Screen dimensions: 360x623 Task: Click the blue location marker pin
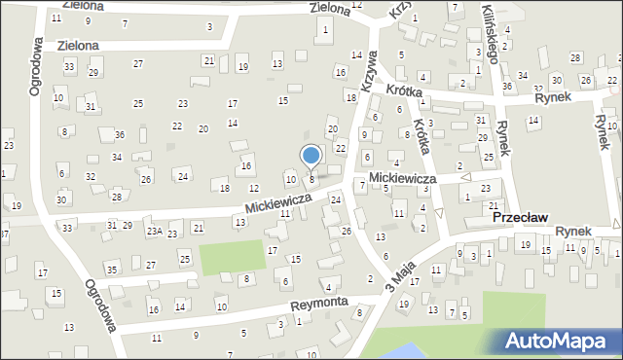[x=311, y=156]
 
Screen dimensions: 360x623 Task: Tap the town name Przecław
[x=522, y=221]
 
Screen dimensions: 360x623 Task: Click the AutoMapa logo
[x=560, y=341]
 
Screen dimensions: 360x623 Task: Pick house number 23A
[x=154, y=232]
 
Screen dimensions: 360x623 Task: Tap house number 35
[x=112, y=269]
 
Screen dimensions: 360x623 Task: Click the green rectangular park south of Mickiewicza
[x=232, y=256]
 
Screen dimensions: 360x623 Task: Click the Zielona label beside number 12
[x=329, y=8]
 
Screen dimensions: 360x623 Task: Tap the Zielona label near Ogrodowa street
[x=78, y=45]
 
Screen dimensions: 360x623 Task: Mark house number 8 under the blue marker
[x=311, y=179]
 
